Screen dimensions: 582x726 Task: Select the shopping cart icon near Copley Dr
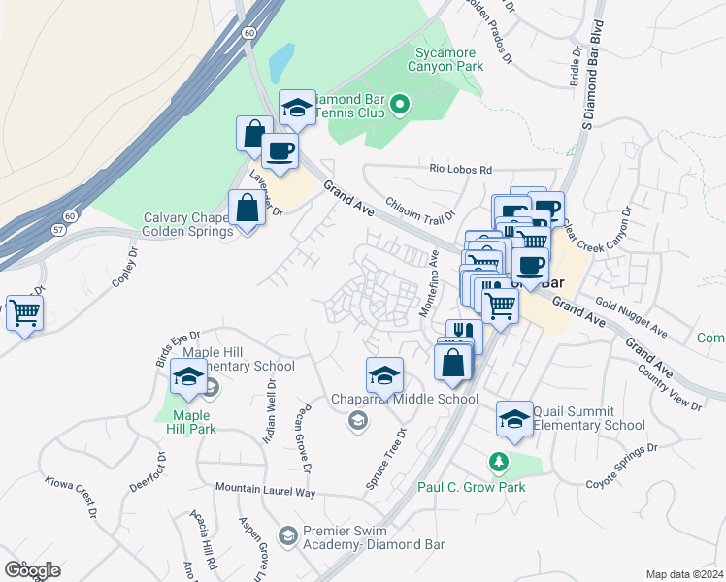click(x=23, y=313)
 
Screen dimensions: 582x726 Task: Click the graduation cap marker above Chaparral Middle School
click(x=385, y=374)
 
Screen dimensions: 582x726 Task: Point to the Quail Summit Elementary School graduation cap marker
click(x=514, y=418)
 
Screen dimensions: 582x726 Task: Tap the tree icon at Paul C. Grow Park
click(x=499, y=461)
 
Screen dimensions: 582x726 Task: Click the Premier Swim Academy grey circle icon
click(x=287, y=534)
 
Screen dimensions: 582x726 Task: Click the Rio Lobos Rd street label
click(x=462, y=169)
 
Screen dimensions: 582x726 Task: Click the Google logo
click(x=32, y=570)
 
